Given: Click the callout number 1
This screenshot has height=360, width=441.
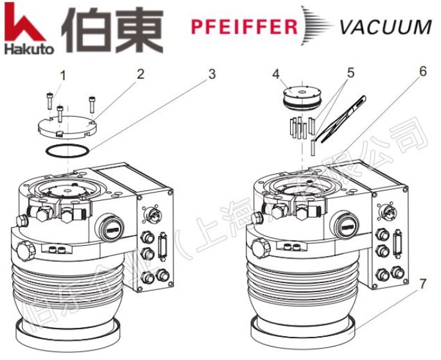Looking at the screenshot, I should point(63,74).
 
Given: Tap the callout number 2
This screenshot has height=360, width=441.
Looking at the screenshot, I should point(141,73).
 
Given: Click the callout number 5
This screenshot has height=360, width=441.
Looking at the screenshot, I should point(350,73).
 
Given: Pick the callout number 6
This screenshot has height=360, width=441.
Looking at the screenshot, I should point(422,71).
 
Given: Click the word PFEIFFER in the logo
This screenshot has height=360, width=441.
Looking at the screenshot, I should point(244,27).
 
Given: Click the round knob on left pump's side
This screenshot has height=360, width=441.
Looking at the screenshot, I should point(27,249).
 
